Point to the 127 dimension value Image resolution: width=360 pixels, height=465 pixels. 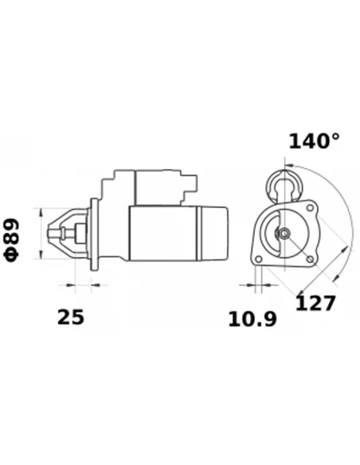(315, 303)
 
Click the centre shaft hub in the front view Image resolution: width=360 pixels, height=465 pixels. (284, 234)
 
